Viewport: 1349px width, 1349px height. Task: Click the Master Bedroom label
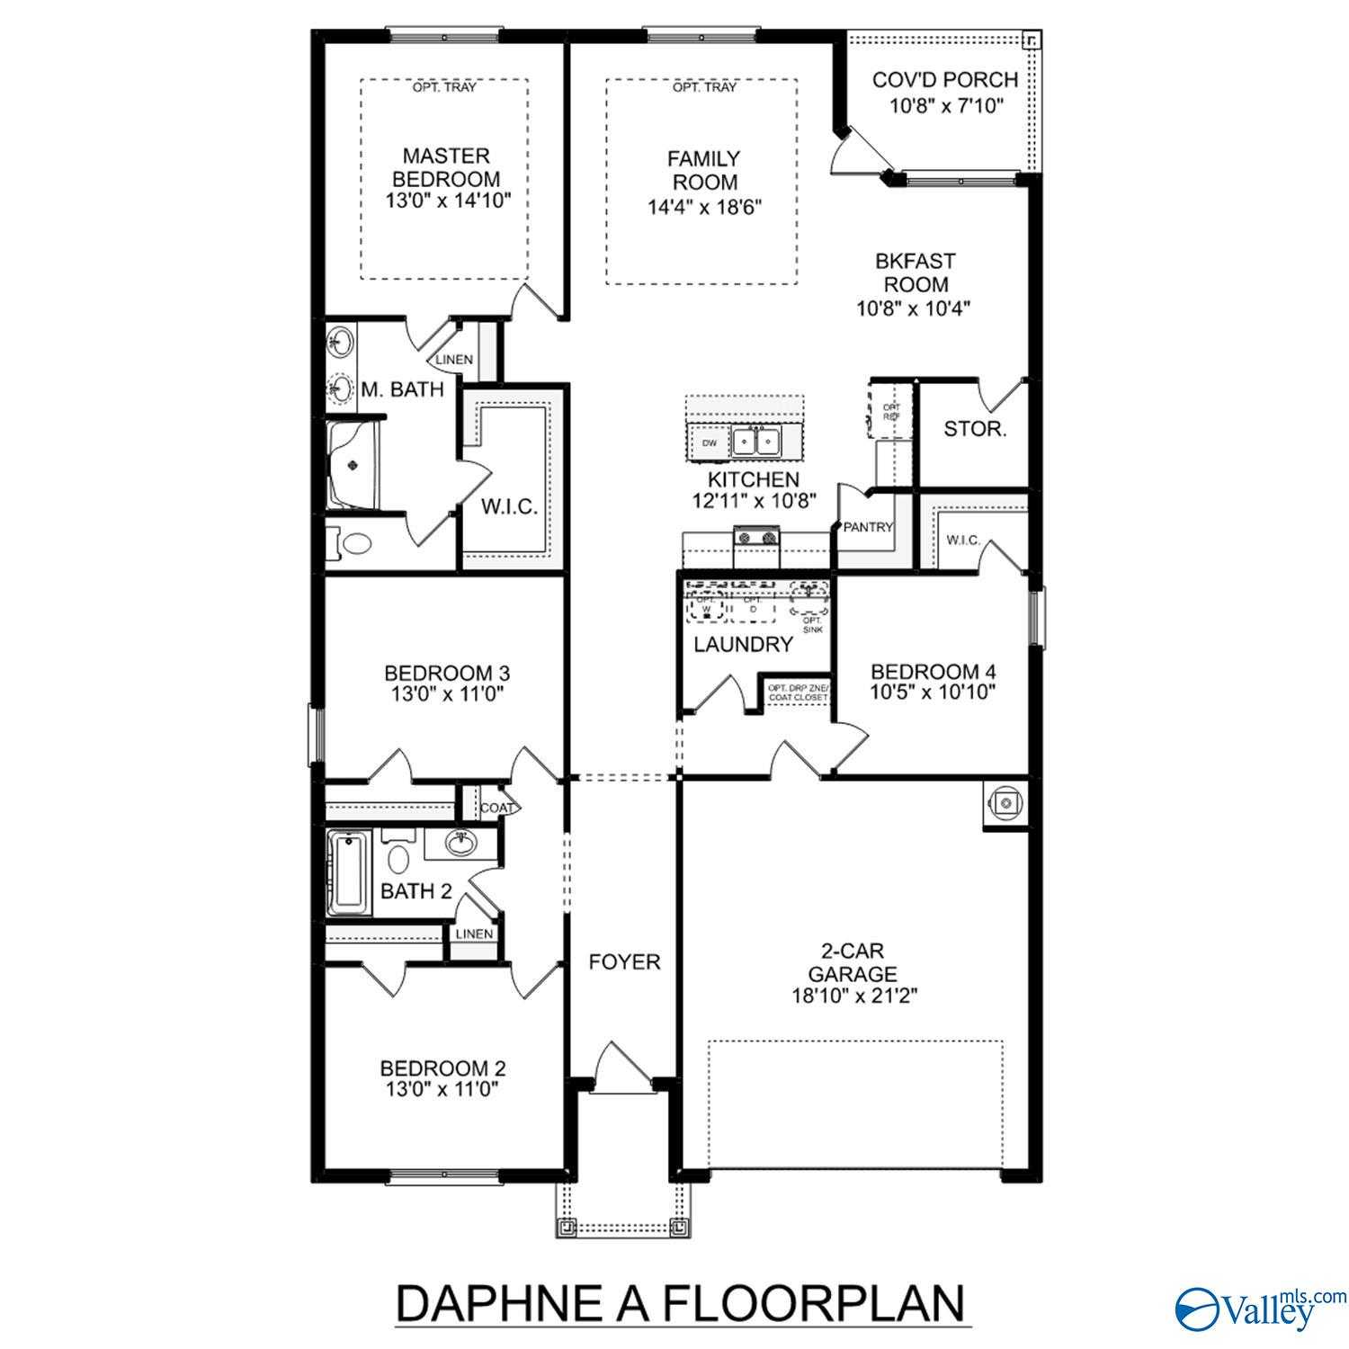click(446, 167)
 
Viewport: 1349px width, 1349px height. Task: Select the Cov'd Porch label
click(945, 80)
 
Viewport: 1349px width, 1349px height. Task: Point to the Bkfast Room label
click(915, 272)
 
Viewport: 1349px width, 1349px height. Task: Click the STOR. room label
click(974, 429)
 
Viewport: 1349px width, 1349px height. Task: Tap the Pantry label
click(868, 528)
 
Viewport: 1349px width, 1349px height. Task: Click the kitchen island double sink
click(755, 442)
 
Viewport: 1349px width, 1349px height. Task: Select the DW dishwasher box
click(710, 442)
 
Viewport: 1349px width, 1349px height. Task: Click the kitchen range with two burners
click(756, 539)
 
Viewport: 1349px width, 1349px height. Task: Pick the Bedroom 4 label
click(933, 672)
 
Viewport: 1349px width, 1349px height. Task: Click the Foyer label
click(624, 962)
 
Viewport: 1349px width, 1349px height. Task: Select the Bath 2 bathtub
click(348, 873)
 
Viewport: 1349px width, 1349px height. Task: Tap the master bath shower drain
click(353, 465)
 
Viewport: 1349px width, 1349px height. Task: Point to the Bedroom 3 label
click(446, 673)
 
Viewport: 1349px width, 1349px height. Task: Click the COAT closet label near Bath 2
click(496, 808)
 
